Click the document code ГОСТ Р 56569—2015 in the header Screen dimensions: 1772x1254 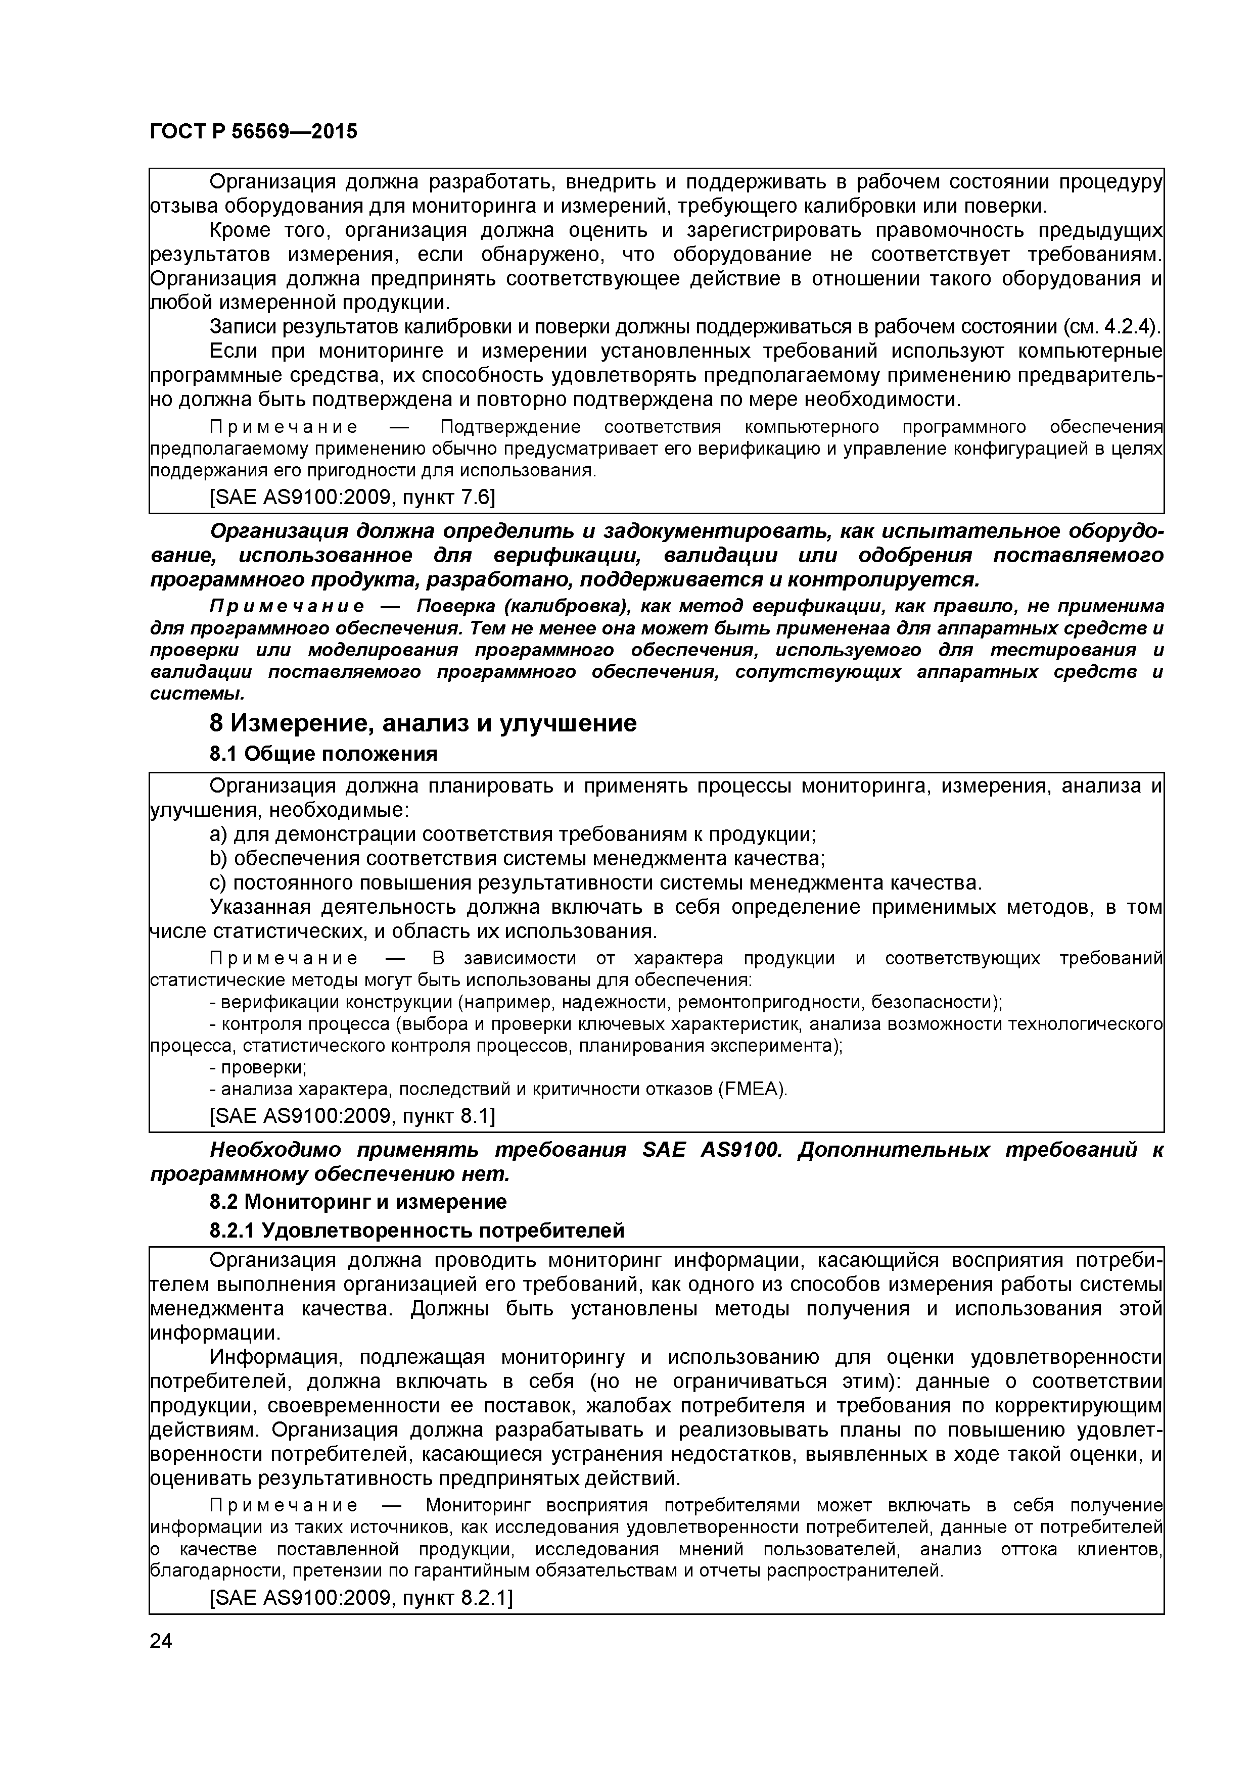253,132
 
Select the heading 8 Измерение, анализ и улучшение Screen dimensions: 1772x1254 423,723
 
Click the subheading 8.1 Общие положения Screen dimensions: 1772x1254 323,754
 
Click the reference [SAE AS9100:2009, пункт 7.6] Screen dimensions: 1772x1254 352,497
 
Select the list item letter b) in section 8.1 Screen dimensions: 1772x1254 218,858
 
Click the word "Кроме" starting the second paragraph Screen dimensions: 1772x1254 240,230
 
